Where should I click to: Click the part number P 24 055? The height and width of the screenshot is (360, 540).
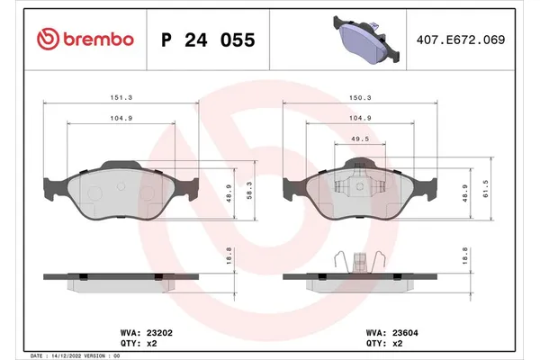click(x=207, y=40)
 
